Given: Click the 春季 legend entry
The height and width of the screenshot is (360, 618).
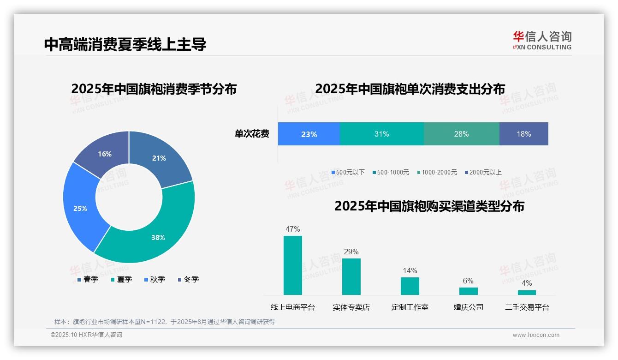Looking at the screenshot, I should (x=88, y=279).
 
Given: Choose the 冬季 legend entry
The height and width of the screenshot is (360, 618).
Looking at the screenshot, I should (x=188, y=279).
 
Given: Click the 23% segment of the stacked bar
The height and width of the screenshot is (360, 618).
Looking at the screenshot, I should (x=309, y=134).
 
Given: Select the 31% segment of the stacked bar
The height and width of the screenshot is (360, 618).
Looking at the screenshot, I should (x=381, y=134).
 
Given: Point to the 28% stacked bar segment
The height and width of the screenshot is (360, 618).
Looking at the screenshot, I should (x=461, y=134).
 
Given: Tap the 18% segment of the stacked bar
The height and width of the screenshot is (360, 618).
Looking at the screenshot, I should (x=524, y=134).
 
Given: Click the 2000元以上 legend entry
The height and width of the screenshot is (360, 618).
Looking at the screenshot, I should (x=483, y=172).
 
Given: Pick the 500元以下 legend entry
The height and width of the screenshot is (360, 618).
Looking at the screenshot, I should (x=348, y=172).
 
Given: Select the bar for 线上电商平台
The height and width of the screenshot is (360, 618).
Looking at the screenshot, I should (x=293, y=265).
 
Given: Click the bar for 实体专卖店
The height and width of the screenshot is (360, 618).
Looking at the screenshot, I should (x=351, y=276).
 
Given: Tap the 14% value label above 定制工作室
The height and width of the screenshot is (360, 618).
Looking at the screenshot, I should (x=410, y=270).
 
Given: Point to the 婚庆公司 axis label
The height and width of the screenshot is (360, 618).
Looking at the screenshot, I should (x=468, y=307).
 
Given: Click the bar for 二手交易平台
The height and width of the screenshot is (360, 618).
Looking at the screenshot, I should (x=527, y=292).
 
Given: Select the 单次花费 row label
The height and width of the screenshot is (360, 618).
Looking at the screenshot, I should (x=252, y=134).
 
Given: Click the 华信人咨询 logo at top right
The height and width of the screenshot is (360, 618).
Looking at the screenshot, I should (x=542, y=40).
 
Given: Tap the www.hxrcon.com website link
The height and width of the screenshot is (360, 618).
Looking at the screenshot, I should (x=536, y=335).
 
